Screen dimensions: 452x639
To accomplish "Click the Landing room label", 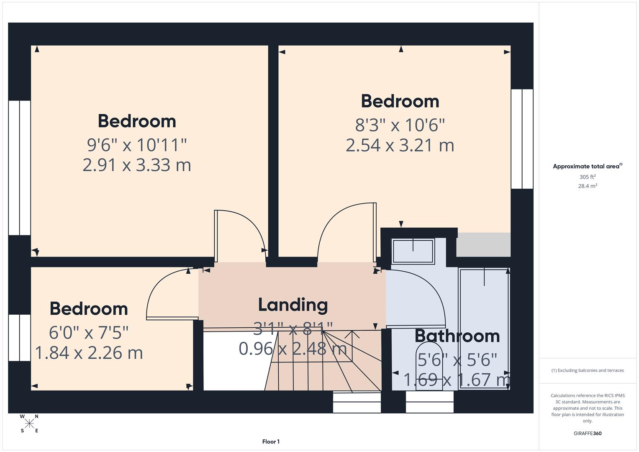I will coord(293,305).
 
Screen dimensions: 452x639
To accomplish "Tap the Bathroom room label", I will coord(457,336).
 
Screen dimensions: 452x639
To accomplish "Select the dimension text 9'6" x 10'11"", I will coord(137,145).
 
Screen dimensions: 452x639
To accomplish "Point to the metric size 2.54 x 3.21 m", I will coord(400,145).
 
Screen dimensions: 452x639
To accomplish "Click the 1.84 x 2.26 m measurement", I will coord(89,353).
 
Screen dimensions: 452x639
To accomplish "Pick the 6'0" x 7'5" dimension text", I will coord(89,333).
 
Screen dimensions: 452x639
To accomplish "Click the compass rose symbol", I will coord(29,424).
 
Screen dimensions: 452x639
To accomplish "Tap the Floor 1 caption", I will coord(271,442).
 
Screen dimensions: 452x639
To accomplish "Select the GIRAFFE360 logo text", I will coord(587,433).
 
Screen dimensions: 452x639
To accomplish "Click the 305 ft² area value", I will coord(587,177).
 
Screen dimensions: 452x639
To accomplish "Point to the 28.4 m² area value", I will coord(587,186).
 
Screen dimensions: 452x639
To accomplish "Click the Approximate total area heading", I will coord(587,166).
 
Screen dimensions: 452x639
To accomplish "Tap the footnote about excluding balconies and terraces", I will coord(587,370).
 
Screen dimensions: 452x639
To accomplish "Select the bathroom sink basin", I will coord(413,251).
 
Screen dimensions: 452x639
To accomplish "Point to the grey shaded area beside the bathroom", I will coord(483,245).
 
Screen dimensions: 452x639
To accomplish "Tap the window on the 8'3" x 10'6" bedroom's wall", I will coord(522,139).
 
